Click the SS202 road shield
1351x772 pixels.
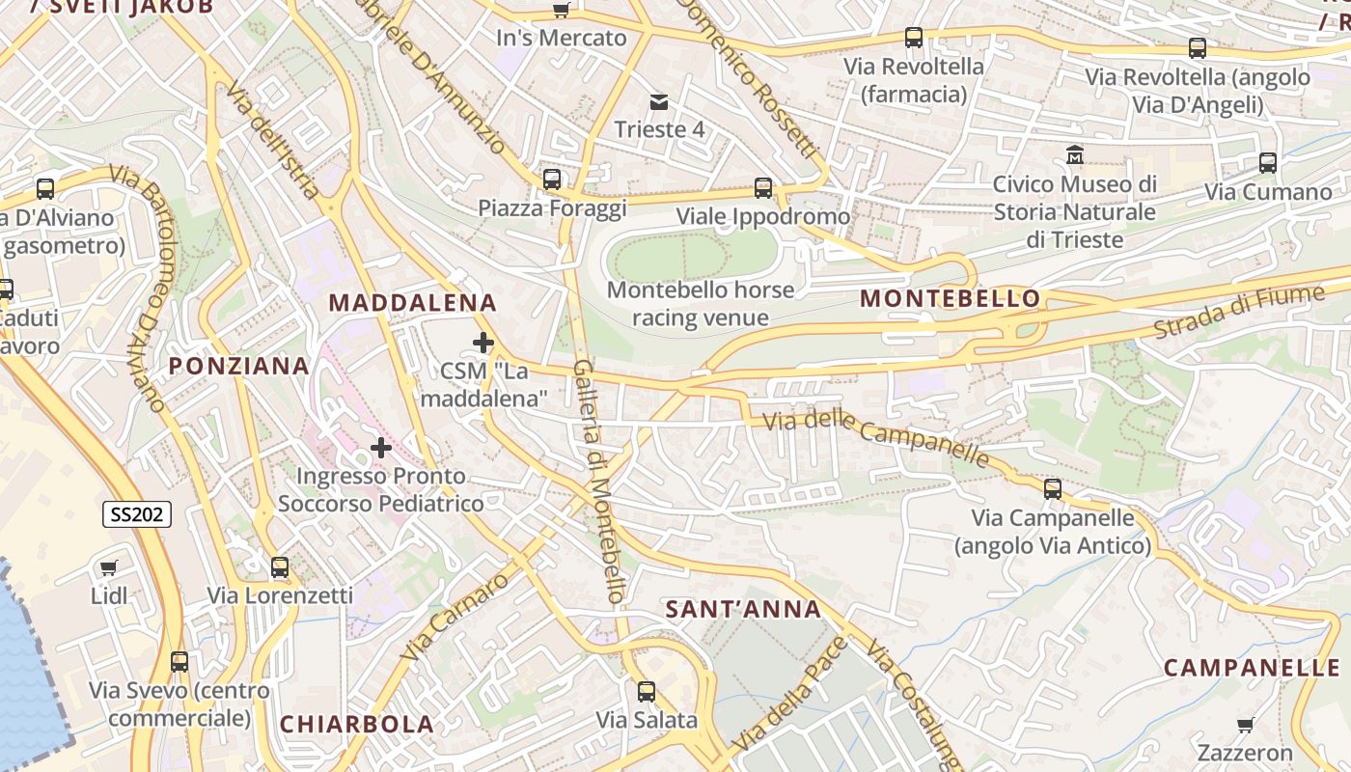tap(137, 515)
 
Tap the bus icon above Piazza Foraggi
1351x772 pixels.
tap(552, 179)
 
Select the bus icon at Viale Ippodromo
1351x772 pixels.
tap(763, 188)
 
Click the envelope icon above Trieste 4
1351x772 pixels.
tap(659, 102)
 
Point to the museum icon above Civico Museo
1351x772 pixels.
tap(1075, 154)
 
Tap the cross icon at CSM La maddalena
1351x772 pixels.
tap(483, 343)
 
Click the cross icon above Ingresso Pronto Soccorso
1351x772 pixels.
tap(381, 448)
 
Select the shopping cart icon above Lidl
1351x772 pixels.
tap(109, 567)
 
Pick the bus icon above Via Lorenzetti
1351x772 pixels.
tap(280, 567)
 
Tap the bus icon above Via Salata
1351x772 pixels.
tap(647, 692)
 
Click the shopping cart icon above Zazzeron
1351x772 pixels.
tap(1246, 725)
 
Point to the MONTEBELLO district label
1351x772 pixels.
tap(951, 298)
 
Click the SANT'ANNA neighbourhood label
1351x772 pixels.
tap(743, 609)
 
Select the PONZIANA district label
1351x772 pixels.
tap(239, 366)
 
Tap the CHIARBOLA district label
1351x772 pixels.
tap(357, 724)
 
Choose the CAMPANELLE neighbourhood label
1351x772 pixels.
tap(1252, 668)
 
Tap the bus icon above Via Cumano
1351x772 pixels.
tap(1268, 164)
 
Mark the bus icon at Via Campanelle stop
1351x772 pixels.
tap(1053, 489)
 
